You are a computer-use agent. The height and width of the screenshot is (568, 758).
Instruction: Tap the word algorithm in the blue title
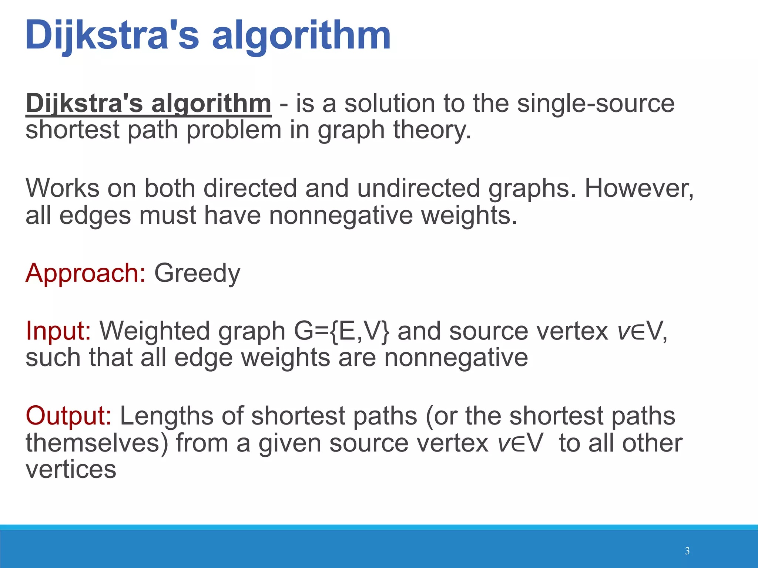(x=301, y=35)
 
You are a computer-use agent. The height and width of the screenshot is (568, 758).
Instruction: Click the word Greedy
(x=197, y=274)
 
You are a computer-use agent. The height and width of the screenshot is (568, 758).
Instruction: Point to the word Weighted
(x=155, y=331)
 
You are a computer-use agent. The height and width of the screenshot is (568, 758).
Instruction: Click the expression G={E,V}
(x=342, y=331)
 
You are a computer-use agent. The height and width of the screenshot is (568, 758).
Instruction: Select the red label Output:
(x=68, y=416)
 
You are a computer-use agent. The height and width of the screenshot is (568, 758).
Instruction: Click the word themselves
(x=97, y=443)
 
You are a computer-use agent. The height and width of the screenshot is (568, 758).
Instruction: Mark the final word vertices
(x=71, y=469)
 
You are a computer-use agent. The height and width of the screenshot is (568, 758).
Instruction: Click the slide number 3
(x=687, y=551)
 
